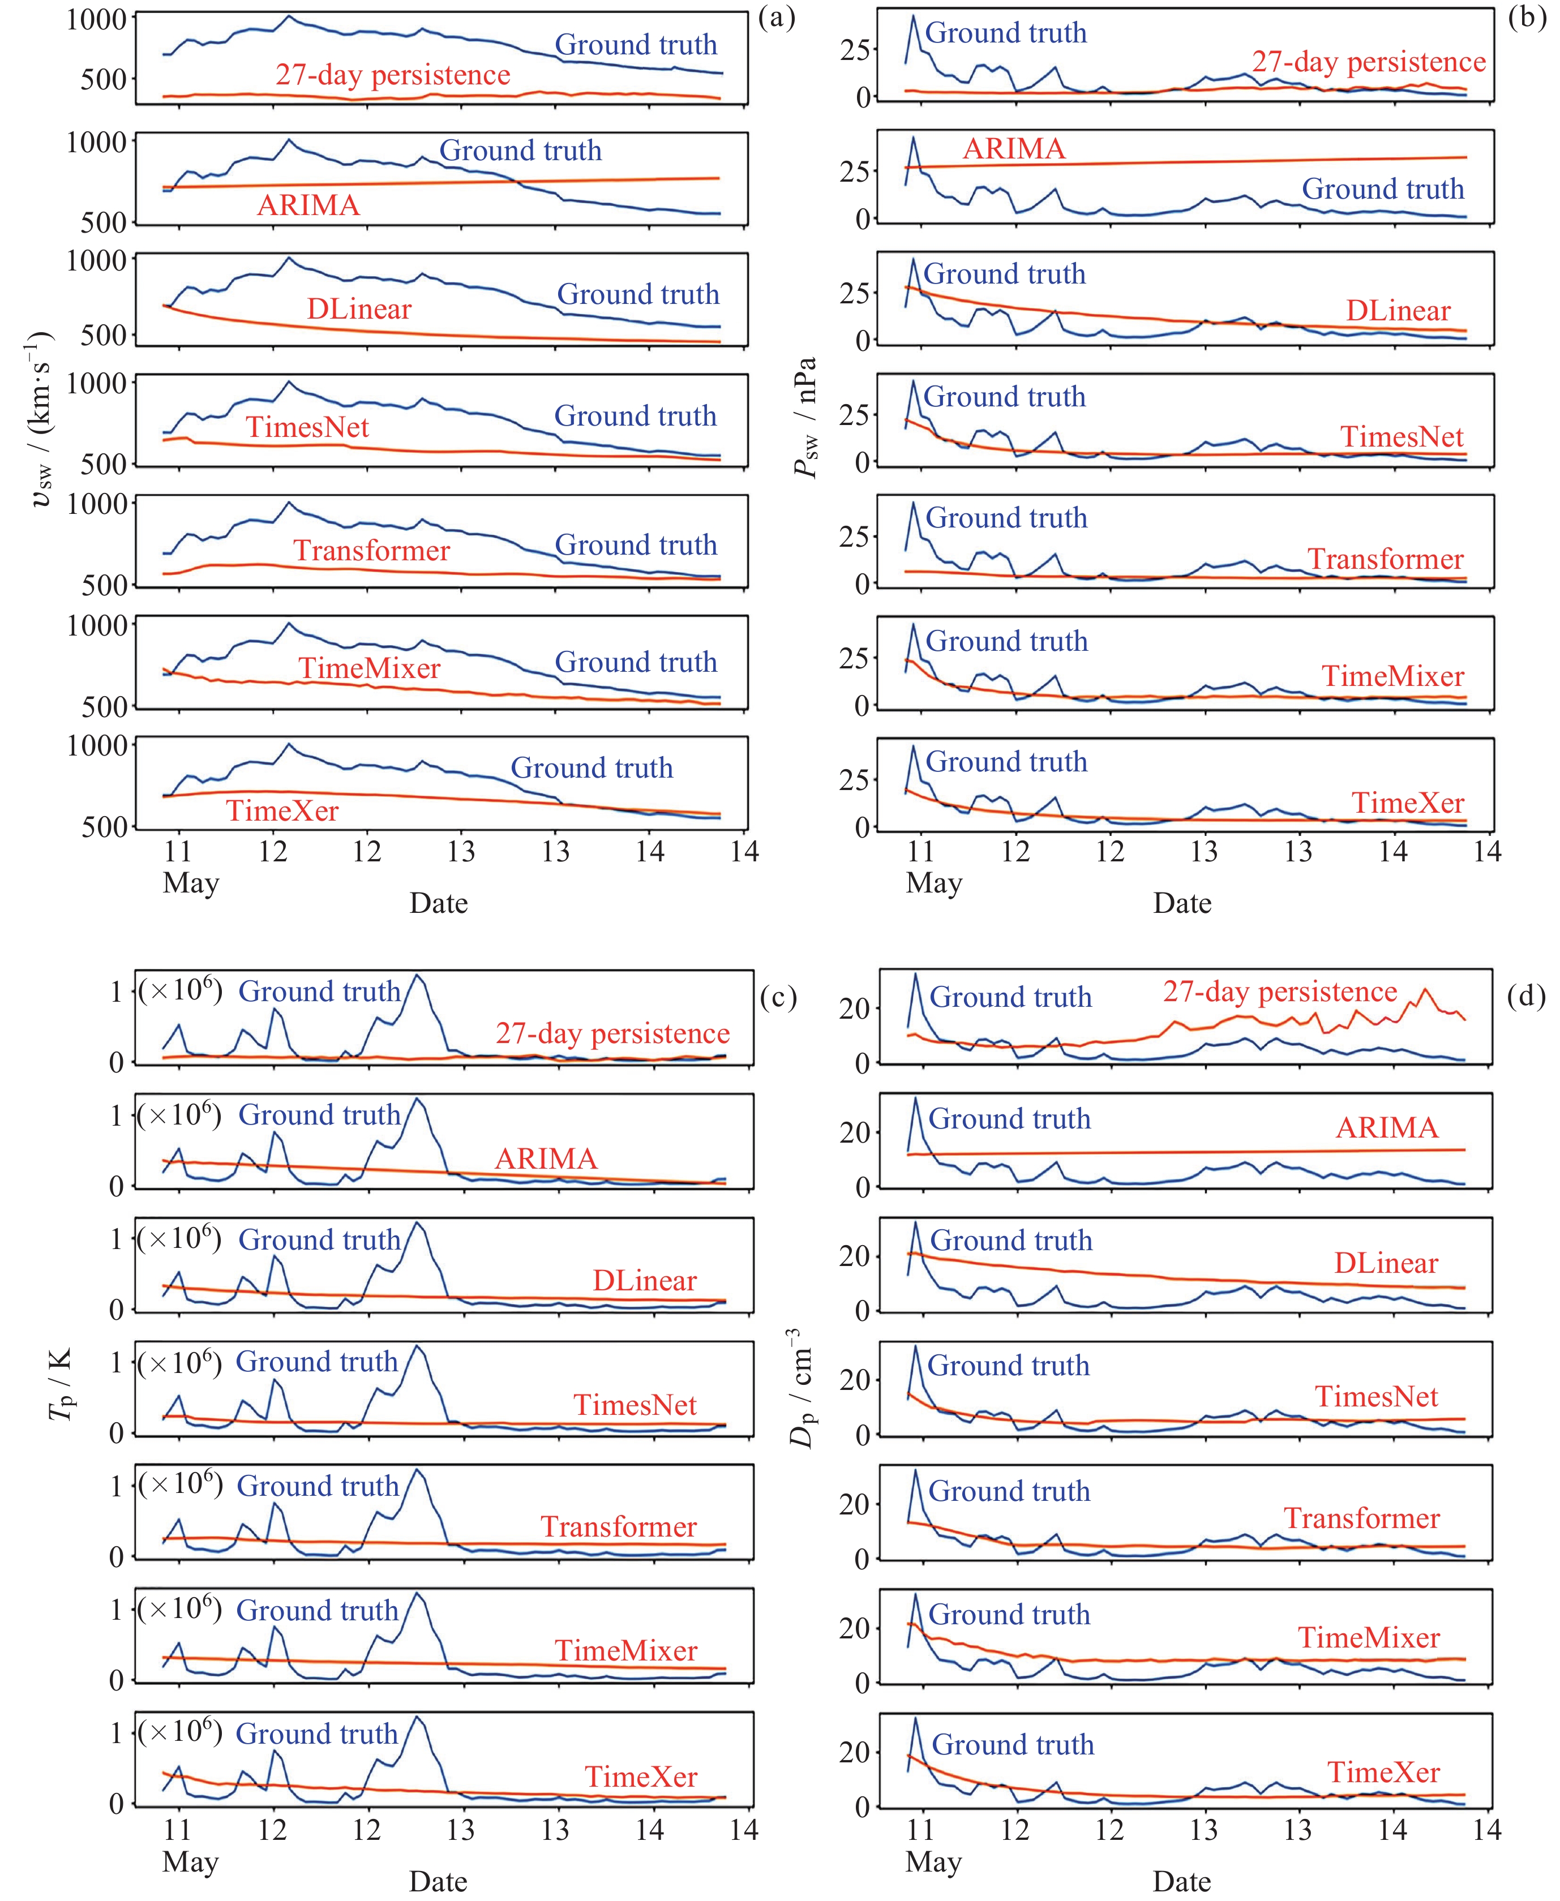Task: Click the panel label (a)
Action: tap(777, 18)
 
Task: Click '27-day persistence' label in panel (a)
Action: tap(393, 75)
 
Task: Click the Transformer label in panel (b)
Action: tap(1385, 559)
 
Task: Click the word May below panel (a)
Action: tap(191, 883)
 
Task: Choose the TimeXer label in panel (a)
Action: tap(282, 810)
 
